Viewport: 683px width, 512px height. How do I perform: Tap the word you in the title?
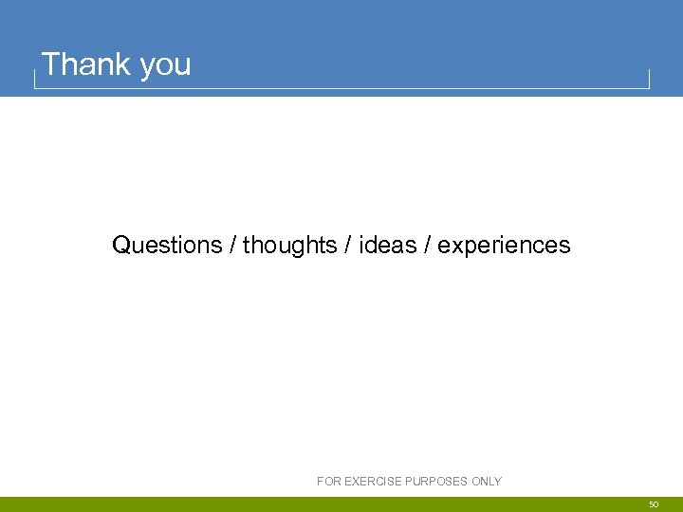click(x=165, y=66)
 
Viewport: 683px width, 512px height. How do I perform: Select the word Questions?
click(x=167, y=246)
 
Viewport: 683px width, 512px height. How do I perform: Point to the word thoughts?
click(x=289, y=246)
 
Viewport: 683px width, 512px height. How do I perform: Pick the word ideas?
click(x=388, y=246)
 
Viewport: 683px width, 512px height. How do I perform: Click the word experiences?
click(x=504, y=247)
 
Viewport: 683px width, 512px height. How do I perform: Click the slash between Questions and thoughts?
click(x=232, y=246)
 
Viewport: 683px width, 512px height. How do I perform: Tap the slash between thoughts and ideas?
click(x=347, y=246)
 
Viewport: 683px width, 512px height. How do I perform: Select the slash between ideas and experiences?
click(x=428, y=246)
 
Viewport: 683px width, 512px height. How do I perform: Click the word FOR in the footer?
click(x=328, y=482)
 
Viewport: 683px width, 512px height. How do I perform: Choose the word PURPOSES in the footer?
click(x=438, y=482)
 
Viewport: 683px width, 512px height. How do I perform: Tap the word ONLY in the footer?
click(x=487, y=482)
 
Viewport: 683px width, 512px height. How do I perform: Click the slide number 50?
click(x=654, y=505)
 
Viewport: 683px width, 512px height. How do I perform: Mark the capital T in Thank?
click(x=51, y=64)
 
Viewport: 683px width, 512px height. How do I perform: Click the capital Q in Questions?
click(x=121, y=246)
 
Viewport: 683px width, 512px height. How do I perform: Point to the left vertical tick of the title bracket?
click(x=35, y=79)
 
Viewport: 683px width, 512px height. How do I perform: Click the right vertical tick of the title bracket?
click(x=649, y=79)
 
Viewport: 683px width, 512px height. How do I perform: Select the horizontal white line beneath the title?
click(x=341, y=88)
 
